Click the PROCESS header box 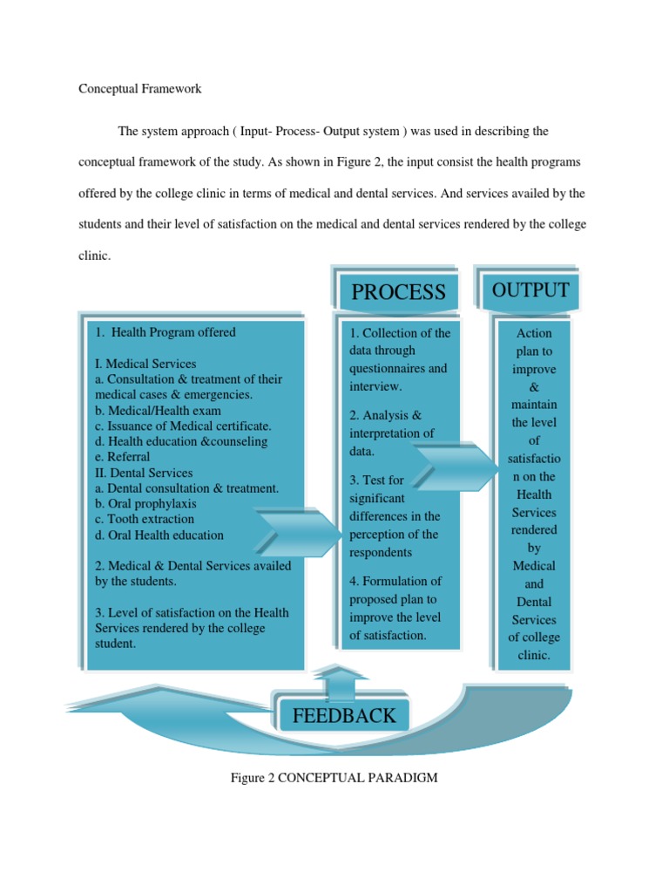(398, 292)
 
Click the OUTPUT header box (530, 290)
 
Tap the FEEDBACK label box (343, 716)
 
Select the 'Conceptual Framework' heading (140, 89)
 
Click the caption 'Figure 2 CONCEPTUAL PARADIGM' (334, 777)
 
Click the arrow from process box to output (456, 468)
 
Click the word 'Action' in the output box (534, 333)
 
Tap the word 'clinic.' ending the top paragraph (95, 256)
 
